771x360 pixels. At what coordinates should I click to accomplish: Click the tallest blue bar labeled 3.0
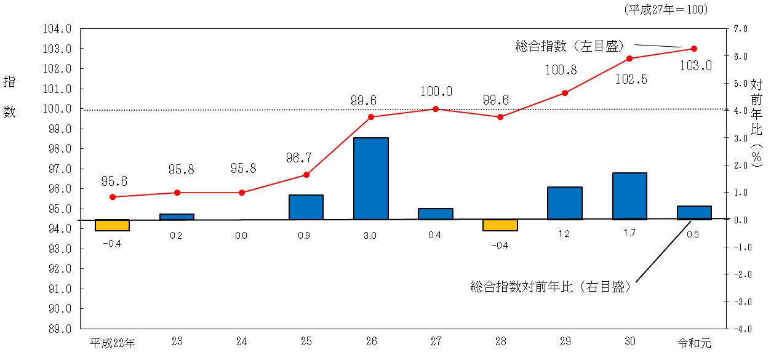[x=370, y=178]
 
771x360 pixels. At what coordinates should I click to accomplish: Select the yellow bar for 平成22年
[x=112, y=225]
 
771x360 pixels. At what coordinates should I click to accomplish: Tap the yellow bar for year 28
[x=500, y=225]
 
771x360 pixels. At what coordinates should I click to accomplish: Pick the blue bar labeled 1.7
[x=629, y=196]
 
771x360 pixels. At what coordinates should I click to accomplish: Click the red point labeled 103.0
[x=694, y=49]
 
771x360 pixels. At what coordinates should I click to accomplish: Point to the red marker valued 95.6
[x=113, y=197]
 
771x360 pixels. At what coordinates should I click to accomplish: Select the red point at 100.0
[x=436, y=109]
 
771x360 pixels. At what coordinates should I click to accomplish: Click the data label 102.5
[x=630, y=79]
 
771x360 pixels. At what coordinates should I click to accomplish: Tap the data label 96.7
[x=299, y=158]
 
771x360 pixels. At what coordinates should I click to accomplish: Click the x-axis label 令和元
[x=694, y=343]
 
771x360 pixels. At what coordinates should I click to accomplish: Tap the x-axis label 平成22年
[x=113, y=343]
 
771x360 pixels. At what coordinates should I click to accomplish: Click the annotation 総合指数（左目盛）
[x=570, y=45]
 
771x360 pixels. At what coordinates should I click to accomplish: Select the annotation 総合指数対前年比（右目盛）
[x=551, y=286]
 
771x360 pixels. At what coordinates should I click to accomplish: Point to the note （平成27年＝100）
[x=666, y=9]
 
